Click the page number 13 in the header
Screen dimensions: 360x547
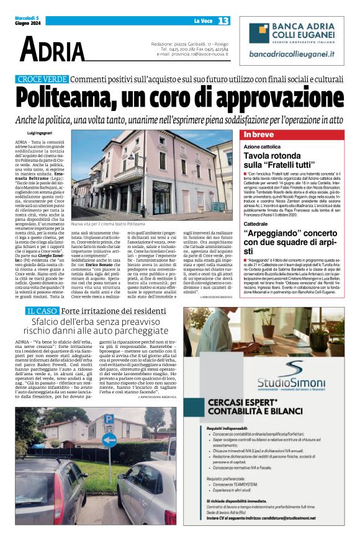pos(223,21)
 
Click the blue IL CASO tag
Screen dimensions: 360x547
pos(42,310)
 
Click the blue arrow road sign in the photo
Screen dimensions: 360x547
pos(109,440)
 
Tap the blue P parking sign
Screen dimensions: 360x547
pos(109,419)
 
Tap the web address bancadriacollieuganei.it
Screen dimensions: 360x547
pos(291,55)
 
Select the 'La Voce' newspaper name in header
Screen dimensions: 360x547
pos(203,21)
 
